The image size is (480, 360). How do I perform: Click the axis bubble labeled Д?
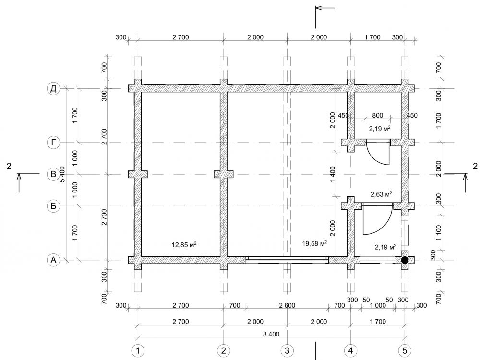(x=53, y=89)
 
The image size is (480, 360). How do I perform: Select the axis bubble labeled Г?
(x=53, y=143)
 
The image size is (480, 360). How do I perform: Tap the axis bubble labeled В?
(x=53, y=174)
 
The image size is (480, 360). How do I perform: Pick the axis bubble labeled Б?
(x=53, y=206)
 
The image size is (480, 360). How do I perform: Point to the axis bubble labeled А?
(x=53, y=260)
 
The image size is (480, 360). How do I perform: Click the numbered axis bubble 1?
(x=138, y=350)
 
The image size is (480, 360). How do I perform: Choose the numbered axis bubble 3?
(x=287, y=350)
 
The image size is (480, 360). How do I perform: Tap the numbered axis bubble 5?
(x=405, y=350)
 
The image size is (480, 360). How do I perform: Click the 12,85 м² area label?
(x=184, y=245)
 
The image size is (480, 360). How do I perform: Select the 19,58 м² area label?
(x=314, y=243)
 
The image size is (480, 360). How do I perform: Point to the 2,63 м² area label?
(x=381, y=194)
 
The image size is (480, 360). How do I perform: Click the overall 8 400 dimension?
(x=271, y=334)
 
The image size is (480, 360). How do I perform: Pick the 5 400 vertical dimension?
(x=63, y=174)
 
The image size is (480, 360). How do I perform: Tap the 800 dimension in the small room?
(x=377, y=115)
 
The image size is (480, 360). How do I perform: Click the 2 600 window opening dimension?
(x=287, y=305)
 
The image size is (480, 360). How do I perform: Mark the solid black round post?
(x=405, y=260)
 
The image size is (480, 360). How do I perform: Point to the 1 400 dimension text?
(x=333, y=174)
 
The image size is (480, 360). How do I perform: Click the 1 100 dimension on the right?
(x=439, y=233)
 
